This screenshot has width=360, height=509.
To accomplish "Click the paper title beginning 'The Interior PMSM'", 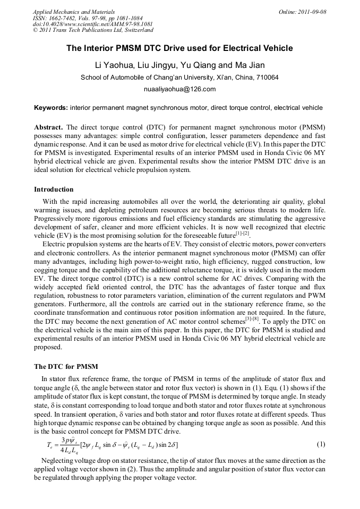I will (179, 48).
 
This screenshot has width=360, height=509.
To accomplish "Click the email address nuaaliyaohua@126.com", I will (179, 89).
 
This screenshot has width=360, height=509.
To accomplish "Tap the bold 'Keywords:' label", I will (51, 108).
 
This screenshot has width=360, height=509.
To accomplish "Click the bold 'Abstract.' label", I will (48, 128).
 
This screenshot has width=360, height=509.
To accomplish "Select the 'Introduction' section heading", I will (54, 189).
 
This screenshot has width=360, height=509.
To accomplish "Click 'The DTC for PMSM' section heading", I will (66, 367).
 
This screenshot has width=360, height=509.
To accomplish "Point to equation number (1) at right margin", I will (321, 444).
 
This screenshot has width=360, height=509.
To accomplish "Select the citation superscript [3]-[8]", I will (252, 320).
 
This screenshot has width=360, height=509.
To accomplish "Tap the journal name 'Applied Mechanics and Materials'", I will (74, 12).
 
